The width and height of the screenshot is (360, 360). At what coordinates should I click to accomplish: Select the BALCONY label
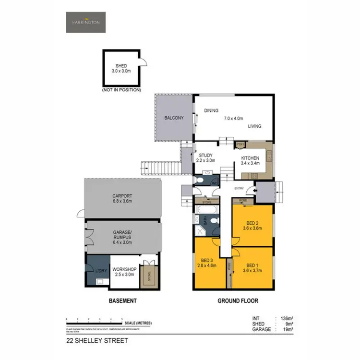[x=174, y=118]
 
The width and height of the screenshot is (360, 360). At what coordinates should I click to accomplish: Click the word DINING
[x=211, y=111]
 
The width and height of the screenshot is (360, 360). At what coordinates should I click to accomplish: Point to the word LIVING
[x=254, y=126]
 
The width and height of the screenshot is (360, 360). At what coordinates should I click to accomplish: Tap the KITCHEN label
[x=250, y=158]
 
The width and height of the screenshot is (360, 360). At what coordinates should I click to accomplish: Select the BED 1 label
[x=252, y=265]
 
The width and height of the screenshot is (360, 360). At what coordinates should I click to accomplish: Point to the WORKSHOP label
[x=124, y=269]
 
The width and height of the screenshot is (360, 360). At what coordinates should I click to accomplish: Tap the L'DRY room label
[x=101, y=269]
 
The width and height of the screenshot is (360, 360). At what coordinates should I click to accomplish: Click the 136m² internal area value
[x=286, y=318]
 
